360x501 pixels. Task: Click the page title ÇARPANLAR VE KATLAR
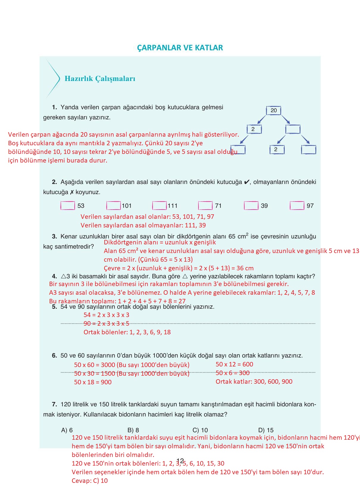point(180,48)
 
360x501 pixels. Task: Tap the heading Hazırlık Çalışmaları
point(100,79)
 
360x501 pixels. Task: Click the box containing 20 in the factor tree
point(273,110)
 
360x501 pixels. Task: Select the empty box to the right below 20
point(293,129)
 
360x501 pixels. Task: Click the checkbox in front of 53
point(68,206)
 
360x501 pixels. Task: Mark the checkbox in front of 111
point(159,206)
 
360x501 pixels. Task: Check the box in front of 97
point(297,206)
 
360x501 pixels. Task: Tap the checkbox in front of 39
point(251,206)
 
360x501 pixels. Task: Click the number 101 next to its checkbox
point(126,206)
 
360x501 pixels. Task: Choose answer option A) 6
point(67,430)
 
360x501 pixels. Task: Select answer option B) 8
point(133,430)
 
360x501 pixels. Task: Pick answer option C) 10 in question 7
point(200,430)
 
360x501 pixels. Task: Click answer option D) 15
point(266,430)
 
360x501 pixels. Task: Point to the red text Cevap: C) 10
point(90,480)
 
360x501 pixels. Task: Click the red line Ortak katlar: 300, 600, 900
point(254,381)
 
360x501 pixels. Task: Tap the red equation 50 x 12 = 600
point(234,364)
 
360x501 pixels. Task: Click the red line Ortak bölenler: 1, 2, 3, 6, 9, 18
point(127,332)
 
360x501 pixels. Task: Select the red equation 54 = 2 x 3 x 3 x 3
point(106,315)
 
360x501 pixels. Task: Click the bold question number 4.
point(54,276)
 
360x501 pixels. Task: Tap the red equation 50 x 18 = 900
point(93,382)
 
